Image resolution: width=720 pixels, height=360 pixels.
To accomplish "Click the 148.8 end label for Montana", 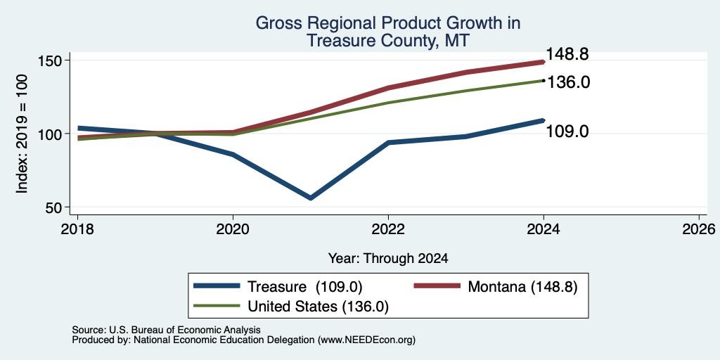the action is (x=567, y=55).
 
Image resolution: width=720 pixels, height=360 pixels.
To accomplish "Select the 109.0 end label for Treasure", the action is (x=567, y=131).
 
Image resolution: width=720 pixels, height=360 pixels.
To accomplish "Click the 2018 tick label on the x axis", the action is (x=78, y=229).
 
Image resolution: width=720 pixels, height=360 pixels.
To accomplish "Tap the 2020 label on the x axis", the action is (x=233, y=229).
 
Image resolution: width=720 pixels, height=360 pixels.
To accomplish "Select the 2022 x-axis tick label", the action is (x=388, y=229).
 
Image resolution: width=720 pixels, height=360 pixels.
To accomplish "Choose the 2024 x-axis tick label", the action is (x=544, y=229).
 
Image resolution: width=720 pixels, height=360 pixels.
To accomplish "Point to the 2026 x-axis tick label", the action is (x=699, y=229).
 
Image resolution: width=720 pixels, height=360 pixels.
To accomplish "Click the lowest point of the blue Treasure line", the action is (x=311, y=198).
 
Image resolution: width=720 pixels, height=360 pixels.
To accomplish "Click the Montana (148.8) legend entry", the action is (x=522, y=287).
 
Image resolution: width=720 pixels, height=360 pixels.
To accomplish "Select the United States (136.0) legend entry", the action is (x=319, y=307).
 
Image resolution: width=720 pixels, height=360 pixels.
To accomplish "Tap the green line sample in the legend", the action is (x=217, y=305).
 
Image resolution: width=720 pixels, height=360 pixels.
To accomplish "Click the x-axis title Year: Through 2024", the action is (x=388, y=259).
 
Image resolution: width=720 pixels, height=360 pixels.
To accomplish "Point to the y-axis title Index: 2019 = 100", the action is (x=22, y=134).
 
